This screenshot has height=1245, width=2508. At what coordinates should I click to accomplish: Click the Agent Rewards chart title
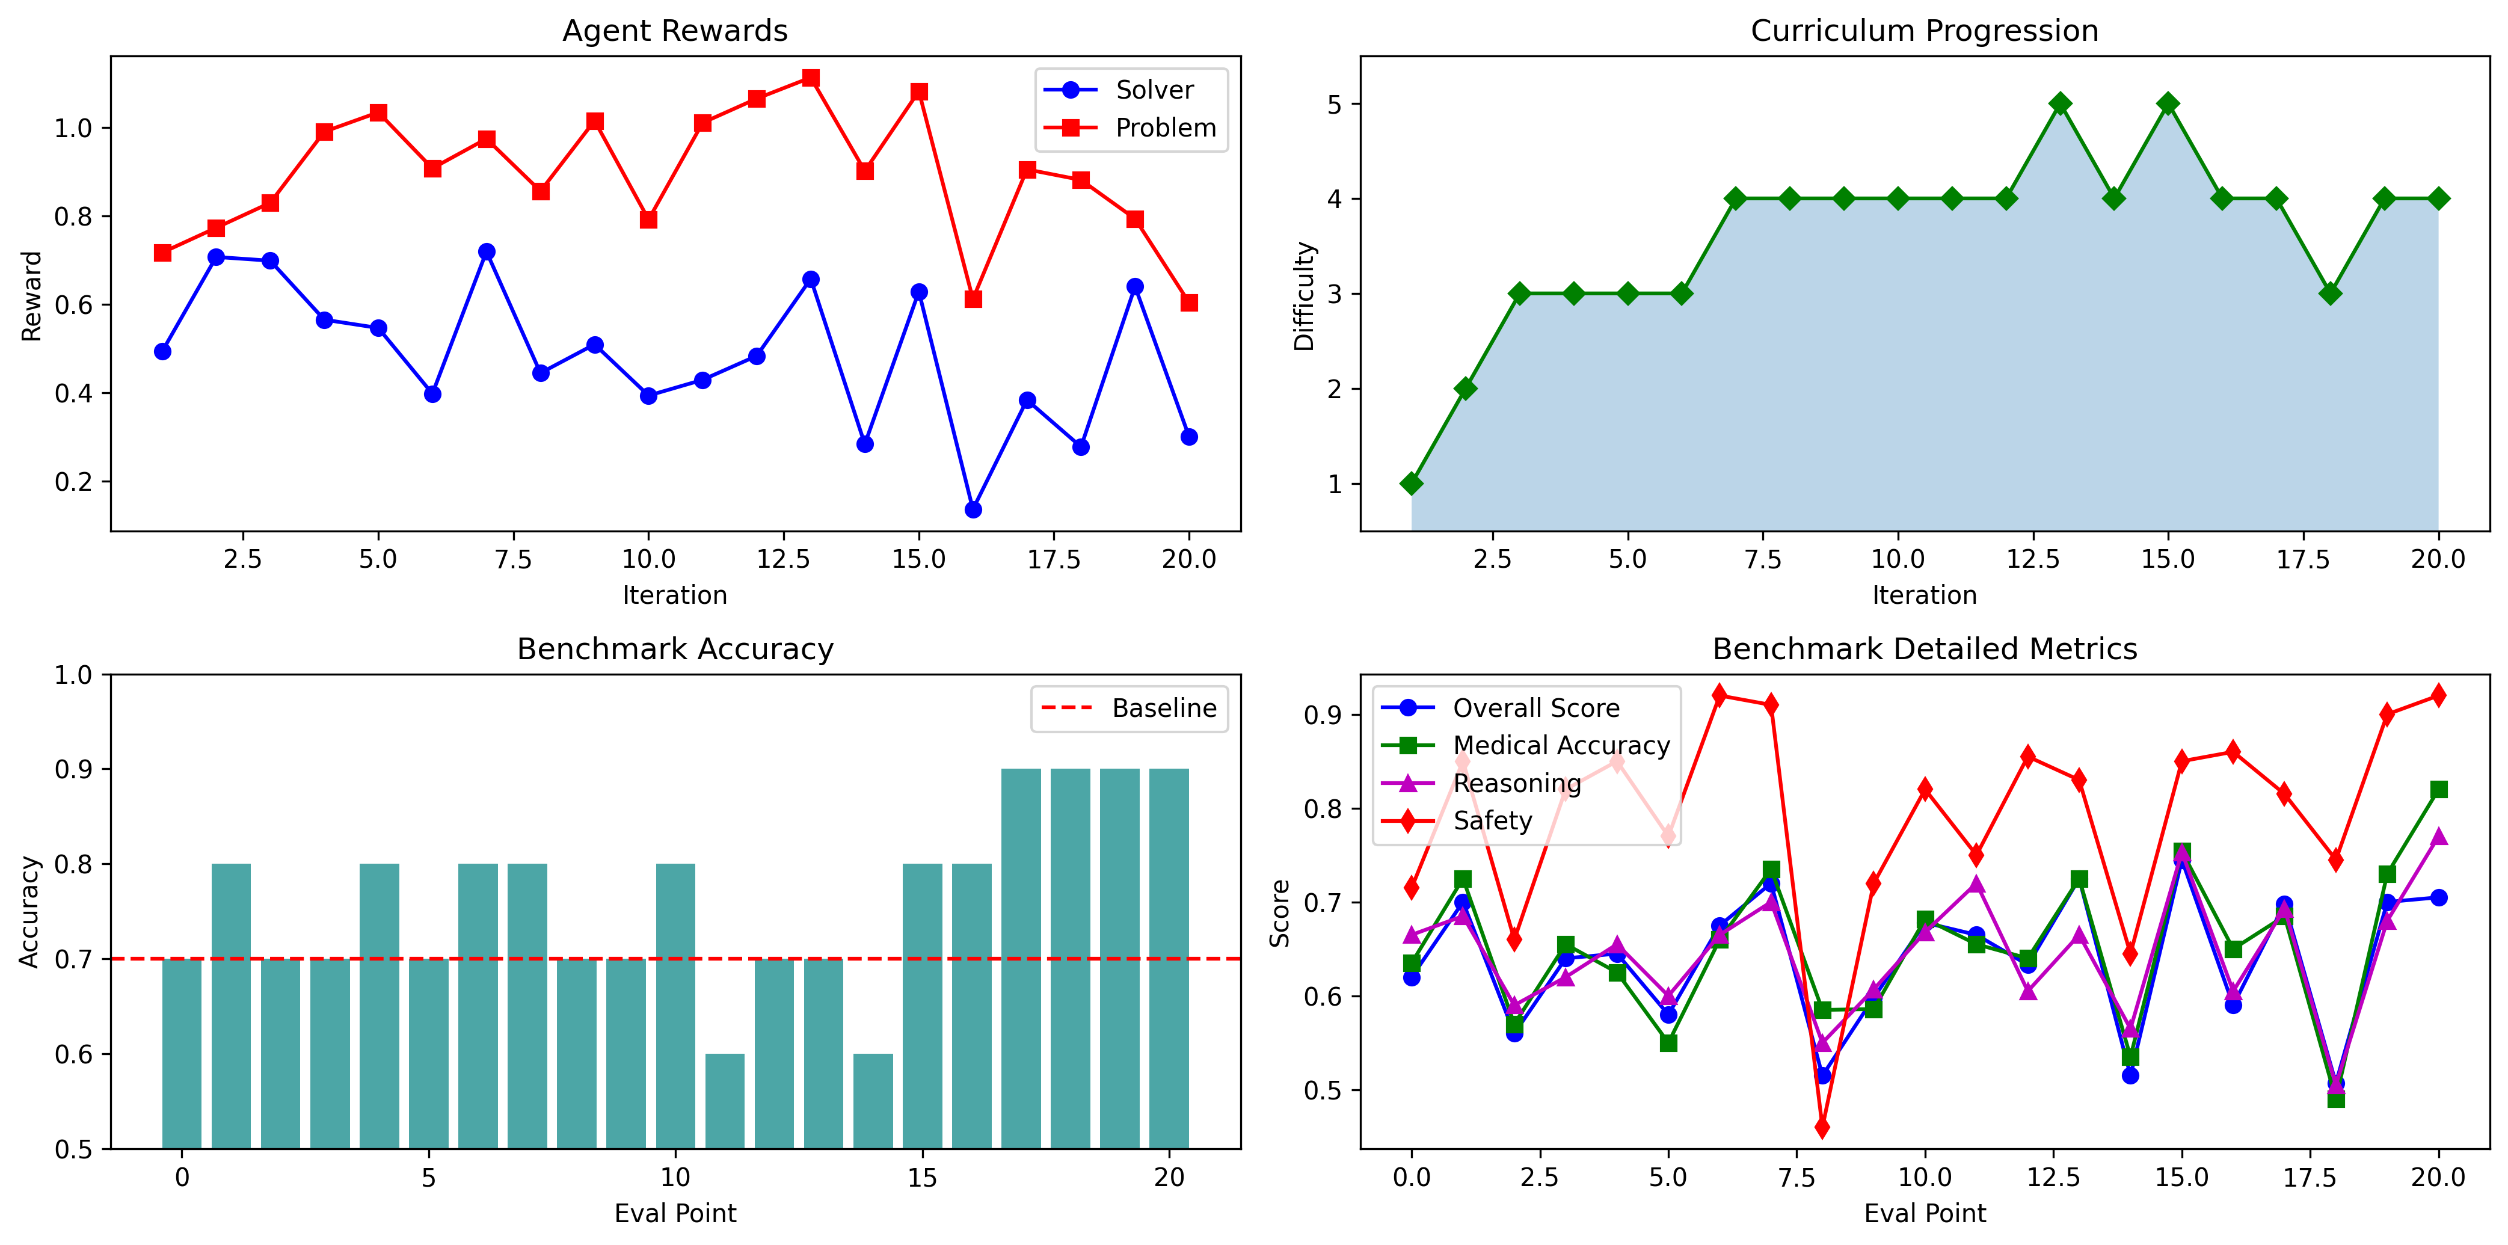[x=675, y=31]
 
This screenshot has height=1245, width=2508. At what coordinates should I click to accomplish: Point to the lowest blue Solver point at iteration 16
[x=973, y=509]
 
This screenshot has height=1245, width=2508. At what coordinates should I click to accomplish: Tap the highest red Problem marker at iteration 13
[x=810, y=78]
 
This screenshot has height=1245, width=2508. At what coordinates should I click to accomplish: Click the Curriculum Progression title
[x=1924, y=31]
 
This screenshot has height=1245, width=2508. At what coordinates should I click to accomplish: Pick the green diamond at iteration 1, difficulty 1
[x=1412, y=484]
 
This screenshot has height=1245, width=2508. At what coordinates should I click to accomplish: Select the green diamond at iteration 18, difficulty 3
[x=2330, y=294]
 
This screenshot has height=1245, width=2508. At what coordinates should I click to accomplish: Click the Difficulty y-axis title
[x=1304, y=296]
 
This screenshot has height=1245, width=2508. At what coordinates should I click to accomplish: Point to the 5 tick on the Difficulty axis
[x=1335, y=104]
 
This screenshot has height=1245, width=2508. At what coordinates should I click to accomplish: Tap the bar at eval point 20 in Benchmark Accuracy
[x=1169, y=959]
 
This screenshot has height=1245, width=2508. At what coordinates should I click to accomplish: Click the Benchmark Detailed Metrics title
[x=1924, y=650]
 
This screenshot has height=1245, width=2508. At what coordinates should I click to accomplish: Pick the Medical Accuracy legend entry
[x=1561, y=746]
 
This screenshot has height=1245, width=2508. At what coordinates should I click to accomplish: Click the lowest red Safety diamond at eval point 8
[x=1822, y=1127]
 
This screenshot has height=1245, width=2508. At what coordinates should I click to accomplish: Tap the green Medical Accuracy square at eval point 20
[x=2438, y=790]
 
